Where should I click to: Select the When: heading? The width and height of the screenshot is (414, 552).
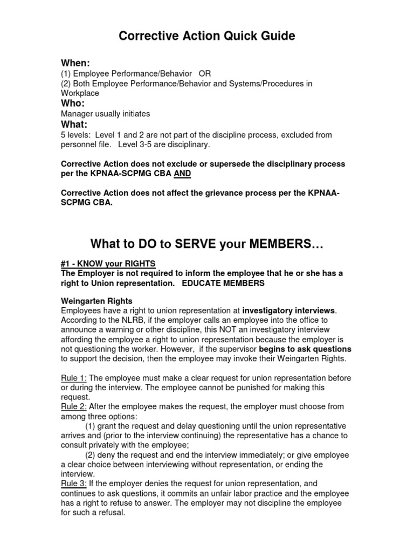click(x=75, y=64)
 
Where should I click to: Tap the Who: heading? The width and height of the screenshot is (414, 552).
click(x=73, y=103)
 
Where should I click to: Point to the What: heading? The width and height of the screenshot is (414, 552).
click(x=74, y=124)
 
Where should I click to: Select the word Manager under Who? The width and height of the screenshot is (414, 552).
click(x=77, y=114)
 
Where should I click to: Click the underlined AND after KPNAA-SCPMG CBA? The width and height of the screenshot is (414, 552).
click(x=182, y=174)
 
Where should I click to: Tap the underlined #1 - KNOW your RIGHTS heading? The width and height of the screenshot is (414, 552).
click(x=108, y=264)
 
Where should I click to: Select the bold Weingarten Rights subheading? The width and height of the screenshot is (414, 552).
click(x=97, y=301)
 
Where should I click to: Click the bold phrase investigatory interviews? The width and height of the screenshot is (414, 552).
click(x=289, y=310)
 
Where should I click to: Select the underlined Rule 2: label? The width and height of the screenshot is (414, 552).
click(x=74, y=406)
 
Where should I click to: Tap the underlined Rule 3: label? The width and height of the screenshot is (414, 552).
click(x=74, y=484)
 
